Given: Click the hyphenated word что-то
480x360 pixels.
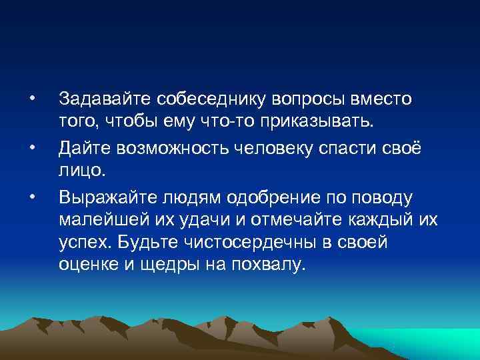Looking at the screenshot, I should [x=241, y=123].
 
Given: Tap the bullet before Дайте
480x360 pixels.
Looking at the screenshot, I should [x=31, y=148].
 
